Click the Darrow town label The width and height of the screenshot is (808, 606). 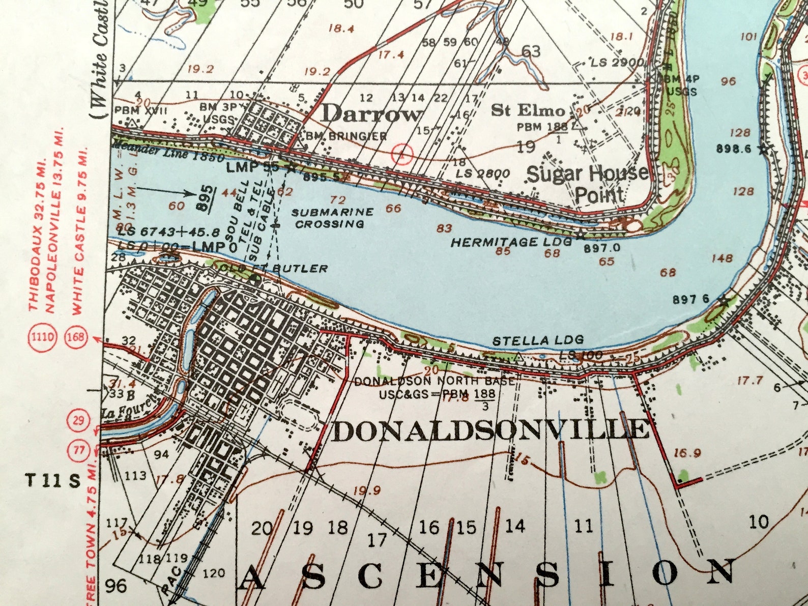pos(371,113)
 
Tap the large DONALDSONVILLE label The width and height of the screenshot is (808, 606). pos(491,431)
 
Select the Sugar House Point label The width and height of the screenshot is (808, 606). pos(588,183)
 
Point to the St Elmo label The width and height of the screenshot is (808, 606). pos(528,110)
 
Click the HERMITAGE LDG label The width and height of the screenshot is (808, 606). pos(511,242)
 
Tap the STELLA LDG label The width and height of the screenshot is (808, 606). pos(538,340)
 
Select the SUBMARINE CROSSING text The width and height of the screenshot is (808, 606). pos(332,218)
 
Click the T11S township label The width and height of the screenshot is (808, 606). pos(53,480)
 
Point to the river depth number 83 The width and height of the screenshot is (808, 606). pos(444,228)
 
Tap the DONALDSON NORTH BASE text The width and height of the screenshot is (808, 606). pos(434,381)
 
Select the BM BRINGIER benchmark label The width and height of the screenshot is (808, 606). pos(347,136)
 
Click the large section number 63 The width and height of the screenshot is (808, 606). pos(530,51)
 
